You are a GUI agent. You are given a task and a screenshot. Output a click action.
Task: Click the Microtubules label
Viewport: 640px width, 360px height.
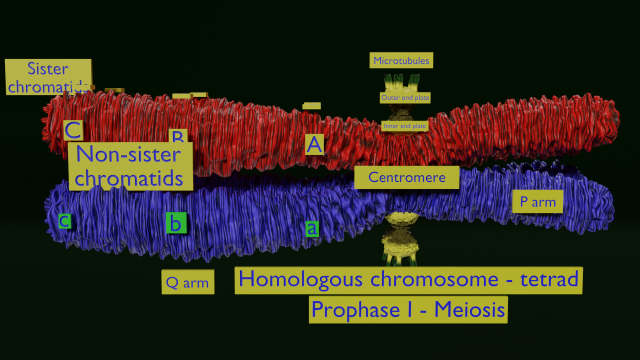click(401, 61)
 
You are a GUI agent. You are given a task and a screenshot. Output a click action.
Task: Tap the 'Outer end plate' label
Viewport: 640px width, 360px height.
click(405, 97)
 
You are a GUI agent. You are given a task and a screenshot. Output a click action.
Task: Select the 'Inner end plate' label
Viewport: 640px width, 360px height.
click(405, 126)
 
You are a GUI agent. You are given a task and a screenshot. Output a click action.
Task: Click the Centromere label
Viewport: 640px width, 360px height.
click(407, 178)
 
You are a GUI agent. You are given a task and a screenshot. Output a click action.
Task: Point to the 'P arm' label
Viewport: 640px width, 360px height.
click(537, 201)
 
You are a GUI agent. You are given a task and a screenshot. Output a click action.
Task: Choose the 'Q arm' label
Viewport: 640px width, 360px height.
click(187, 282)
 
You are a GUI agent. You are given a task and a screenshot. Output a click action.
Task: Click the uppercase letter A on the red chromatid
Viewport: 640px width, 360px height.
click(315, 144)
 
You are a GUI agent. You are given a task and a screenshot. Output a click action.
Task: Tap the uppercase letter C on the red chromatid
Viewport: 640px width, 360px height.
click(72, 131)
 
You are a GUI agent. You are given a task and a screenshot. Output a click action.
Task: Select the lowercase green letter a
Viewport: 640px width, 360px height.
click(312, 228)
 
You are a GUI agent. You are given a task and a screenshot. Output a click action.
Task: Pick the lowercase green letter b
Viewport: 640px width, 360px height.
click(176, 222)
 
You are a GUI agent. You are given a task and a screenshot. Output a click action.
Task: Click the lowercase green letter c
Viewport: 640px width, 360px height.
click(64, 220)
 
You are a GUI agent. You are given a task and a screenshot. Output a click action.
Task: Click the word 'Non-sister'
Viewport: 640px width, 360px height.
click(128, 155)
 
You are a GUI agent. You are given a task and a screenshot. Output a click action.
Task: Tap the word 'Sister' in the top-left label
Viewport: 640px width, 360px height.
click(47, 69)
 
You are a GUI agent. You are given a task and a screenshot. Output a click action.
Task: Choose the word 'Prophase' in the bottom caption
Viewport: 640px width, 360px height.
click(354, 310)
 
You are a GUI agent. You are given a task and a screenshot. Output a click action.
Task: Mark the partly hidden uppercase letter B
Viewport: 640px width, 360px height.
click(178, 136)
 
